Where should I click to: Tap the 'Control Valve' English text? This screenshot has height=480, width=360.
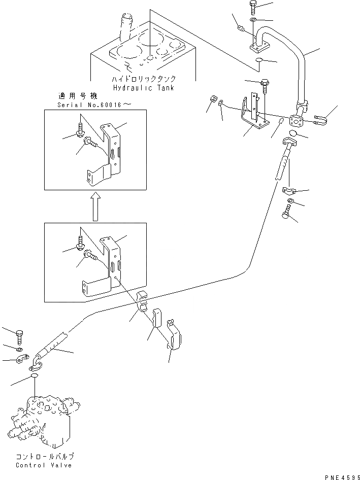pos(43,465)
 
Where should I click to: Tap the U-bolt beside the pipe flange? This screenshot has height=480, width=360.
pos(320,120)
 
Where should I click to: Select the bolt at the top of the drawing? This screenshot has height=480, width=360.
pos(254,8)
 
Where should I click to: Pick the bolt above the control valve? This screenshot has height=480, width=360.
pos(20,336)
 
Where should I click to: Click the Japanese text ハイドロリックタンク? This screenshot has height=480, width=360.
pos(144,79)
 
